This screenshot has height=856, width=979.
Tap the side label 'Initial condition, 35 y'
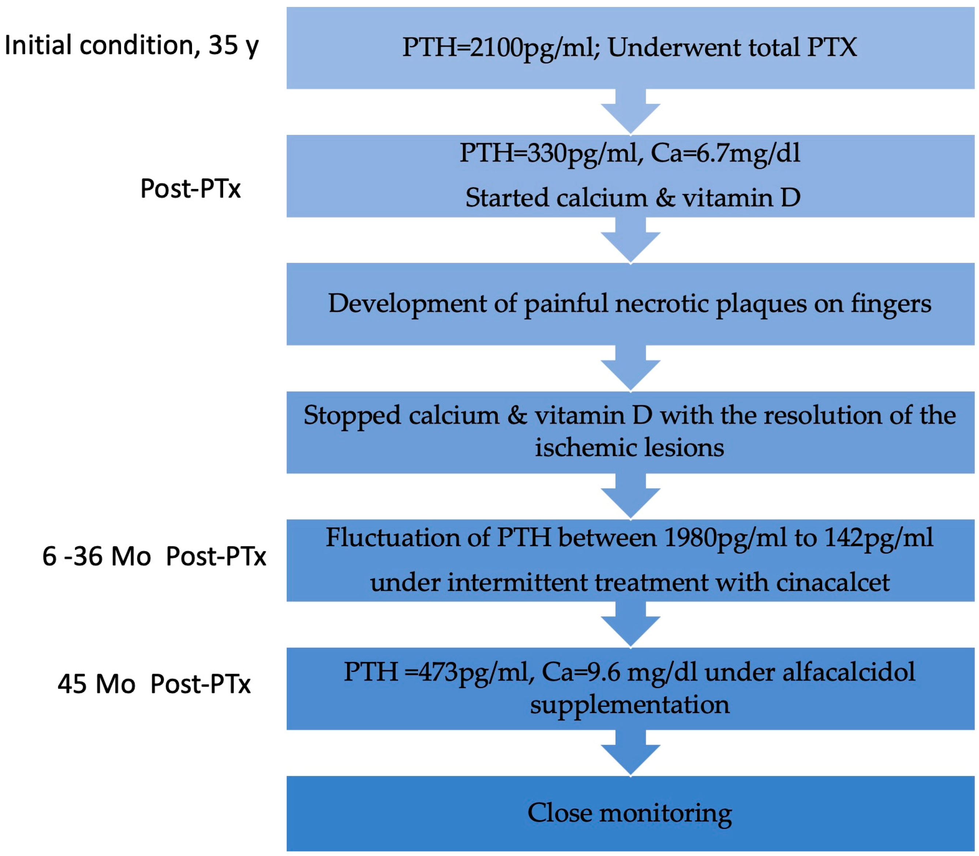coord(131,45)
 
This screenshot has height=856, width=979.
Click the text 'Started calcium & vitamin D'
coord(632,198)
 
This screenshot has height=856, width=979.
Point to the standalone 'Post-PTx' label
coord(190,188)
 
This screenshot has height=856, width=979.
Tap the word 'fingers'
coord(890,303)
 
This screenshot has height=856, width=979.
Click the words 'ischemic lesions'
coord(629,448)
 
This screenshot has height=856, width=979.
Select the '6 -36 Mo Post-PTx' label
coord(154,556)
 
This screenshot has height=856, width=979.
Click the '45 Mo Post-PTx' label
coord(154,684)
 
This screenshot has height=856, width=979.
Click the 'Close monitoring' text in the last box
coord(629,813)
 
